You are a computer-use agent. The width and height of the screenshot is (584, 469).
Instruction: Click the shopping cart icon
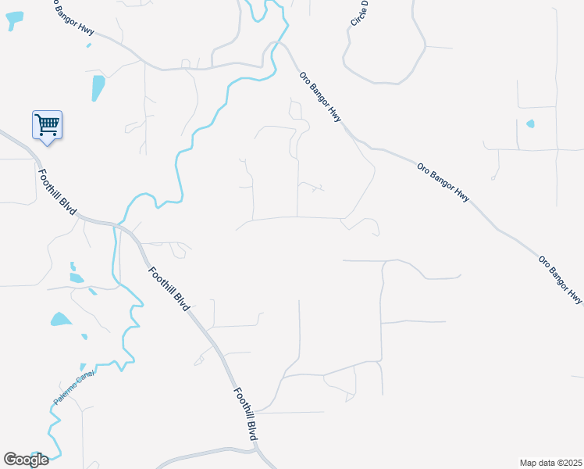pyautogui.click(x=47, y=125)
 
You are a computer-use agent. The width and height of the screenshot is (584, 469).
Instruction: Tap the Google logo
pyautogui.click(x=26, y=459)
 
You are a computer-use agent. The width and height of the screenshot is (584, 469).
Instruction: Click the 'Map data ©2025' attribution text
pyautogui.click(x=550, y=462)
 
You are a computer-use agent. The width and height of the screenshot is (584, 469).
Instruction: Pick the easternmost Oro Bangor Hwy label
pyautogui.click(x=561, y=279)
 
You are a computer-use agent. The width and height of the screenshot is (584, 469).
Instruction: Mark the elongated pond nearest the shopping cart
pyautogui.click(x=98, y=88)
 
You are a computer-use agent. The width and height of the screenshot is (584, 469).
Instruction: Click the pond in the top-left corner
pyautogui.click(x=14, y=21)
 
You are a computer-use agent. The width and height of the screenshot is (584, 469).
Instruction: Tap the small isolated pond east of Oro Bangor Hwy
pyautogui.click(x=530, y=124)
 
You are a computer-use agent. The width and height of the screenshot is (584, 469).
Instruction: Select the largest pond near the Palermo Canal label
pyautogui.click(x=61, y=319)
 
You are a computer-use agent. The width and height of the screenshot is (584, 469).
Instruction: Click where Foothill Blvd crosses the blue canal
pyautogui.click(x=117, y=226)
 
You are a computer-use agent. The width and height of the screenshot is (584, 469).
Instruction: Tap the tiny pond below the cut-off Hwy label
pyautogui.click(x=88, y=45)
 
